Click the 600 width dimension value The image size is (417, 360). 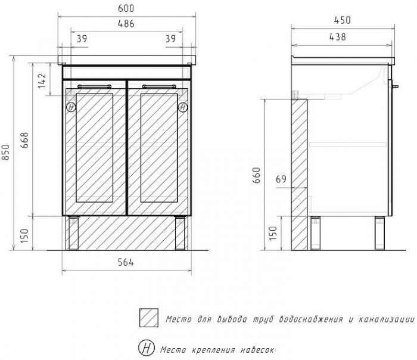click(126, 8)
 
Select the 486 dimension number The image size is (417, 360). click(126, 24)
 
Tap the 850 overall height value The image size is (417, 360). click(5, 152)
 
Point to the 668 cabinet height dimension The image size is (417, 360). click(24, 140)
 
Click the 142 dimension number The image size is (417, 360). click(42, 81)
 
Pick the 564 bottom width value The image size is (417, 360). click(126, 262)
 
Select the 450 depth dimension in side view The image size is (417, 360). click(343, 20)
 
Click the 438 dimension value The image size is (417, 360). click(338, 37)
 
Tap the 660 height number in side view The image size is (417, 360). click(257, 175)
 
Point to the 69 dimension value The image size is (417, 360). click(281, 179)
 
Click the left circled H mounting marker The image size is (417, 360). click(71, 107)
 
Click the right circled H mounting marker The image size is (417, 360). click(183, 107)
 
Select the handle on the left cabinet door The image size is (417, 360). click(94, 86)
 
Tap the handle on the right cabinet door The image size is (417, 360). click(159, 86)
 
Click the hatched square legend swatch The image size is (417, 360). click(149, 318)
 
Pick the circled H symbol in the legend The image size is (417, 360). click(147, 347)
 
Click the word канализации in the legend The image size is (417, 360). click(387, 319)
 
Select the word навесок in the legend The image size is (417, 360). click(257, 350)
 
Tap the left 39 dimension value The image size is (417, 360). click(82, 39)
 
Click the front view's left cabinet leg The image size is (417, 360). click(74, 234)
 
